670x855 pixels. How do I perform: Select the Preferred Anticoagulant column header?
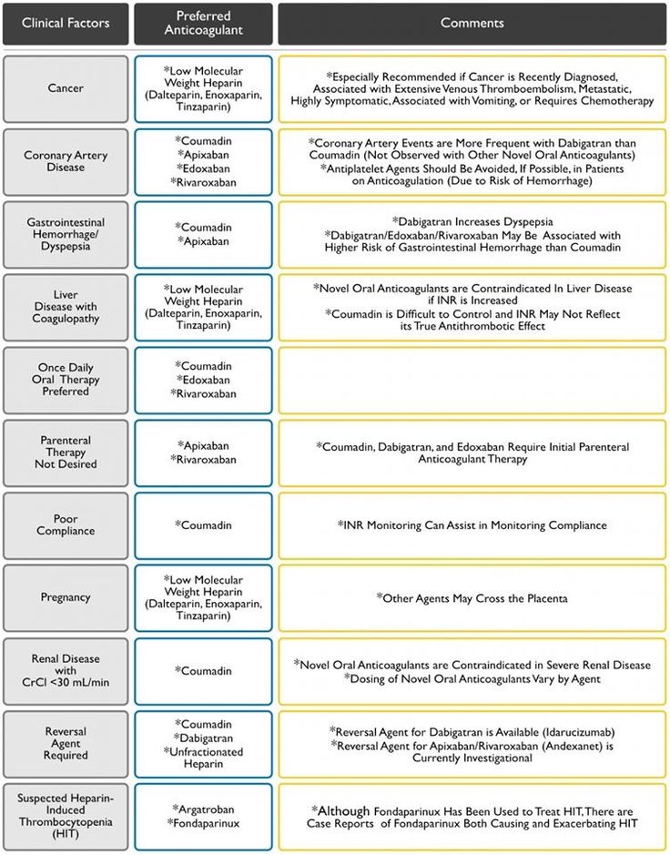203,23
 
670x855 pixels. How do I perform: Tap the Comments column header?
472,23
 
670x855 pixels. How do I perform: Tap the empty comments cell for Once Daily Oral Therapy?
472,380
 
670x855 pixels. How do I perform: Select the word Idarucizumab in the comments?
565,730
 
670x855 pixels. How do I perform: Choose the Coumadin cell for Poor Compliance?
205,525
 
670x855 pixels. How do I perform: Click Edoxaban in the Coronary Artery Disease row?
206,168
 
